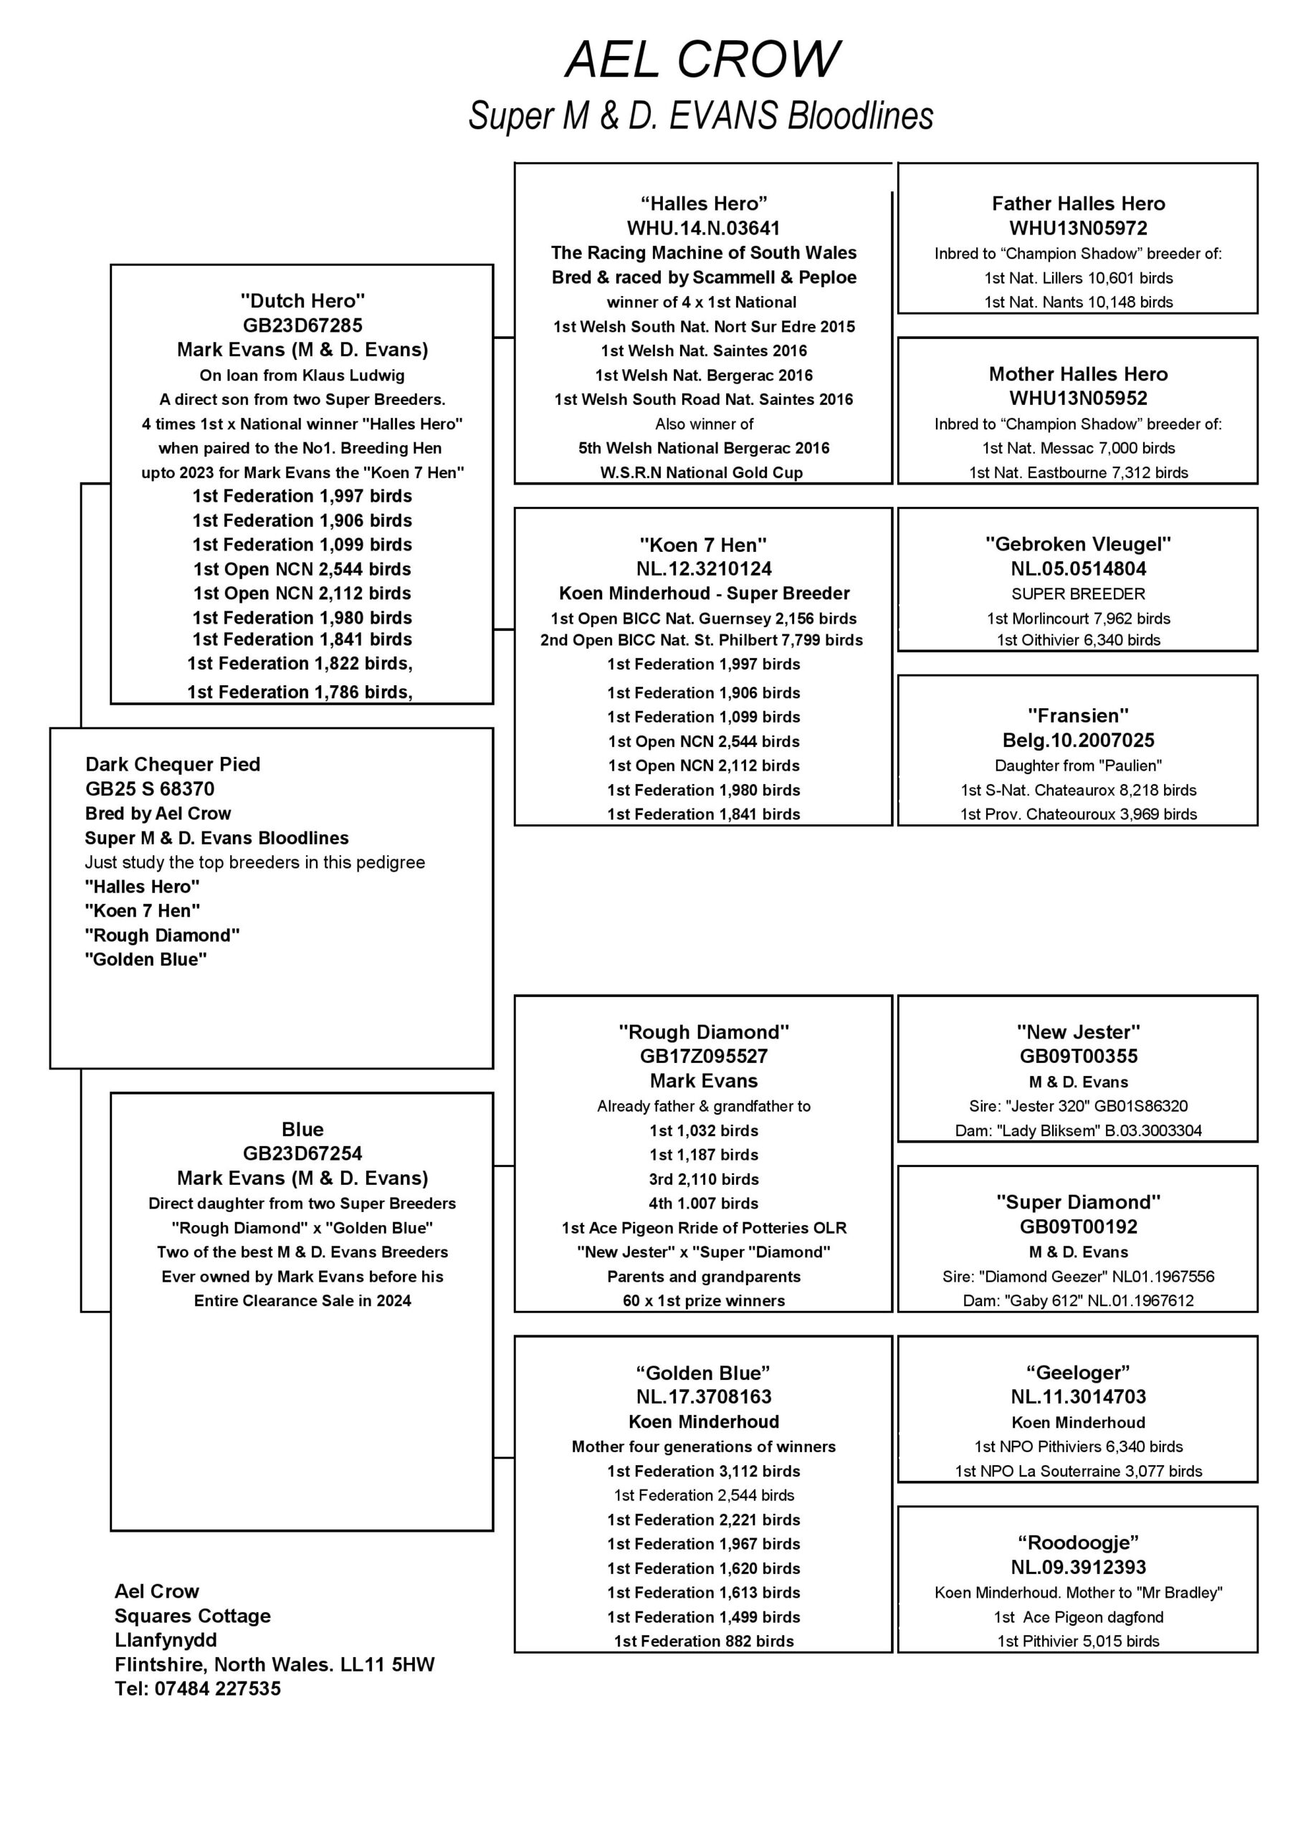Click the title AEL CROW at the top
[x=702, y=60]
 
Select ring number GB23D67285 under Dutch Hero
[x=302, y=325]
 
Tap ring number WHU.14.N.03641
[x=703, y=229]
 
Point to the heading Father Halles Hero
[x=1078, y=204]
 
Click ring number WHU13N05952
[x=1078, y=398]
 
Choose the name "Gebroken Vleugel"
[x=1078, y=544]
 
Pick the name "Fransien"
[x=1078, y=715]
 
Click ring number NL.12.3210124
[x=703, y=569]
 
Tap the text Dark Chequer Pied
[x=173, y=765]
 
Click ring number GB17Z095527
[x=703, y=1056]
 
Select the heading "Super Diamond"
[x=1078, y=1202]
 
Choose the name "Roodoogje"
[x=1078, y=1543]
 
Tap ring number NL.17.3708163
[x=703, y=1397]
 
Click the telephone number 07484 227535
[x=217, y=1689]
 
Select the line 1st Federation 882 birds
[x=703, y=1641]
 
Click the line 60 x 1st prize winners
[x=703, y=1300]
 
